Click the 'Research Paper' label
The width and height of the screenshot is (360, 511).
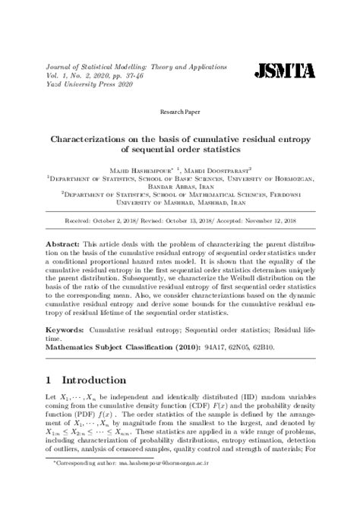tap(179, 112)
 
